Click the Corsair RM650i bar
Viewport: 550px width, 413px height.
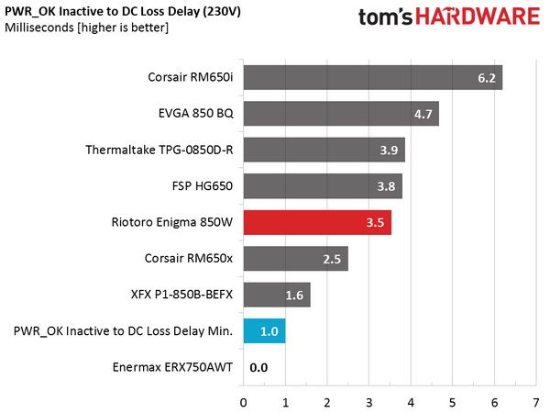point(373,77)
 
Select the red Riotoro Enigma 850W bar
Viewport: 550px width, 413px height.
point(317,222)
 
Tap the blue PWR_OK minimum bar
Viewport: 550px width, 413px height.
point(265,330)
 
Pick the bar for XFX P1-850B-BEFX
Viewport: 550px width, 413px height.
point(277,295)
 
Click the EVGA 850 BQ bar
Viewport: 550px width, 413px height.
point(341,114)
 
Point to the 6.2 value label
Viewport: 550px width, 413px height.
point(487,78)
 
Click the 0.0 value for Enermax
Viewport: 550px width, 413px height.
point(258,368)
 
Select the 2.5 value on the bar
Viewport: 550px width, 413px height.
point(332,259)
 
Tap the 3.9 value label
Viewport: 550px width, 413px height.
point(389,151)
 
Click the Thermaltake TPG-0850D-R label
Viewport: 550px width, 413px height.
point(159,150)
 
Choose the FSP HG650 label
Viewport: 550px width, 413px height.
point(203,185)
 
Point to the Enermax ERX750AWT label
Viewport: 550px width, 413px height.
point(172,367)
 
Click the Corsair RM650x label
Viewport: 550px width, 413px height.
point(189,259)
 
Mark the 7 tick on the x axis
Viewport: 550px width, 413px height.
point(535,403)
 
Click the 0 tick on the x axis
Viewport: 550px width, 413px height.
point(244,403)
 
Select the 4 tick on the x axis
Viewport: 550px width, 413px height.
point(411,403)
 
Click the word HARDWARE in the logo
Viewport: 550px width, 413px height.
point(478,17)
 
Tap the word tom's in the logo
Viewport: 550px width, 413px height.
point(386,17)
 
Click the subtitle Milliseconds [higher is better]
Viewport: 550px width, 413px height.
point(87,28)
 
